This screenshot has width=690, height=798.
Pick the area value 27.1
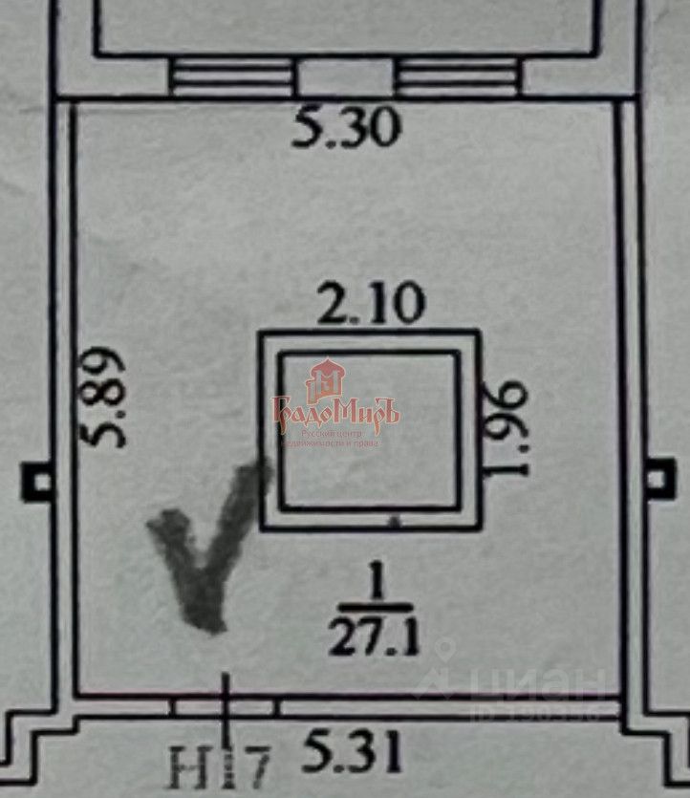pos(375,636)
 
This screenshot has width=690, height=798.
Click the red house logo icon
pos(326,381)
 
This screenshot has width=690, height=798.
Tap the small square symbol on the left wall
pos(38,480)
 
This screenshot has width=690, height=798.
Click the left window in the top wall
pos(232,76)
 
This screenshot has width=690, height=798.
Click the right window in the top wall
pos(457,76)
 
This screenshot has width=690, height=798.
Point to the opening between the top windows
pos(344,76)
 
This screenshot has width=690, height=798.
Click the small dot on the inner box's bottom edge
pos(392,523)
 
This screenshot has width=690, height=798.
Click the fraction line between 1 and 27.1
pos(376,607)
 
